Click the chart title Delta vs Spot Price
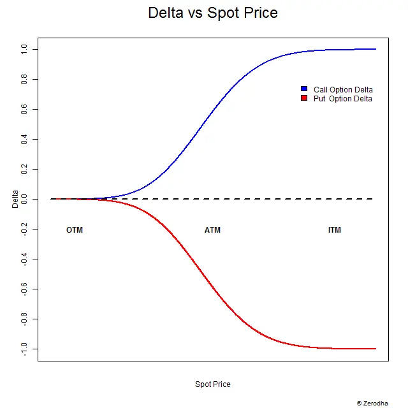(213, 13)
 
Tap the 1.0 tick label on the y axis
(24, 49)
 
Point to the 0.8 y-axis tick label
(24, 79)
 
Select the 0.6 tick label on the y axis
(24, 109)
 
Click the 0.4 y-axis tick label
(24, 139)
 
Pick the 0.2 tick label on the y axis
(24, 169)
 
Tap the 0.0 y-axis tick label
(24, 199)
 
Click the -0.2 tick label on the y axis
(24, 229)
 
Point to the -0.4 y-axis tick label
(24, 259)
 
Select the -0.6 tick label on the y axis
(24, 289)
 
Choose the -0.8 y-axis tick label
(24, 319)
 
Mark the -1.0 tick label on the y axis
(24, 349)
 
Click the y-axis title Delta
(15, 199)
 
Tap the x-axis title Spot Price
(213, 384)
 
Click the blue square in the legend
(304, 89)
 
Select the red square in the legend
(304, 98)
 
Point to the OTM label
(75, 230)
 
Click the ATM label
(213, 230)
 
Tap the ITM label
(335, 230)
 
